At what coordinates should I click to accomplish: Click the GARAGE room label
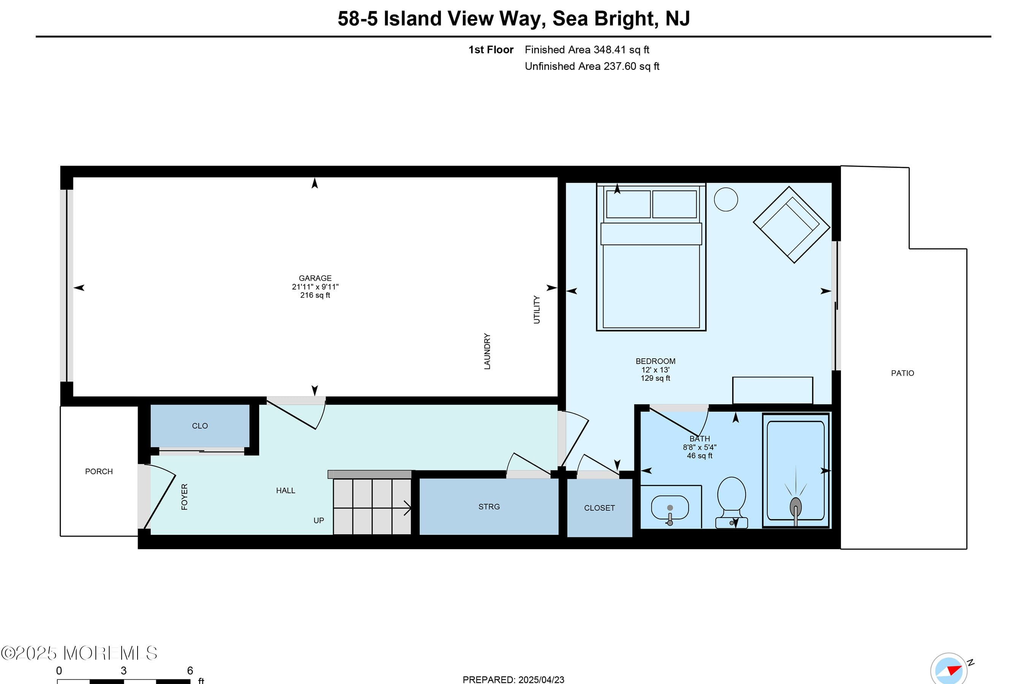[x=315, y=278]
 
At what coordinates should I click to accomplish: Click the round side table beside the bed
[x=726, y=199]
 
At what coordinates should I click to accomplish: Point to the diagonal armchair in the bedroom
[x=791, y=225]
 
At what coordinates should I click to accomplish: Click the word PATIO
[x=902, y=373]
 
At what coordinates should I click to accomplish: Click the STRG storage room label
[x=489, y=507]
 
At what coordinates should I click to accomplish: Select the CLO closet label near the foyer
[x=200, y=426]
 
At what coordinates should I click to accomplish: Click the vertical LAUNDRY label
[x=487, y=351]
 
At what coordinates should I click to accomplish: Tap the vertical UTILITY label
[x=537, y=310]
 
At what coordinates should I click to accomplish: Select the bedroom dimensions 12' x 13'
[x=655, y=369]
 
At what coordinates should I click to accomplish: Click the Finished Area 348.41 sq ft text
[x=587, y=50]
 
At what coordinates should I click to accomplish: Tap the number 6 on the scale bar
[x=190, y=670]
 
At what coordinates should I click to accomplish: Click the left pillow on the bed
[x=628, y=204]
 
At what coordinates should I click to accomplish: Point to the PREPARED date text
[x=513, y=679]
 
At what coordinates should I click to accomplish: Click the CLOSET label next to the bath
[x=599, y=508]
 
